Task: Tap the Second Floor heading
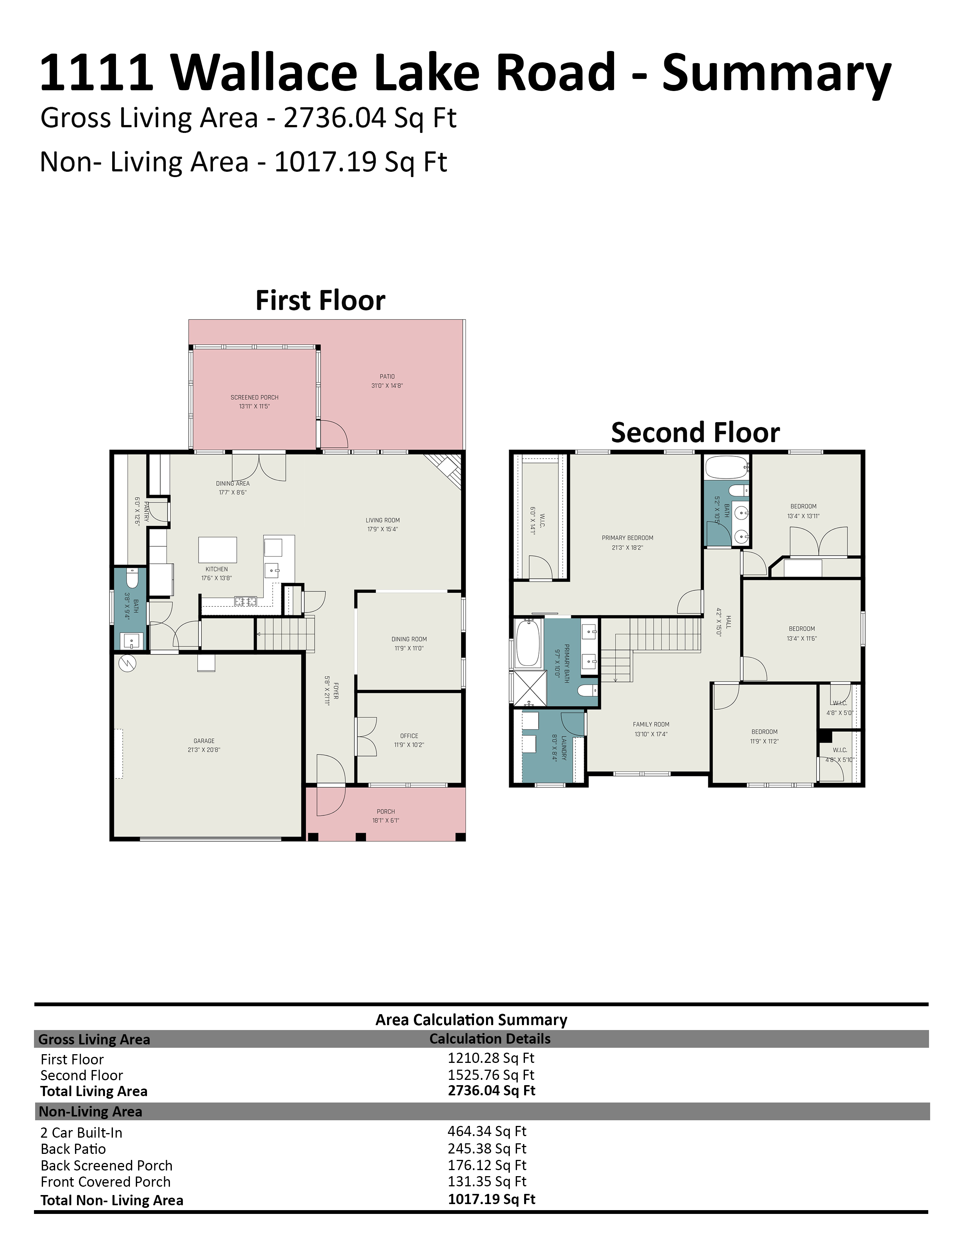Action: (x=695, y=432)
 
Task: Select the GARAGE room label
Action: (x=204, y=740)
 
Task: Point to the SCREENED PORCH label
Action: (x=255, y=397)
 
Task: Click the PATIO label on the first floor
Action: (x=387, y=376)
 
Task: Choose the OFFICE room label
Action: (x=409, y=736)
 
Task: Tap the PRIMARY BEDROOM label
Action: (x=628, y=537)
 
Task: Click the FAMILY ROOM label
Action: (x=651, y=724)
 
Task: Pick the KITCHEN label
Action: (x=217, y=569)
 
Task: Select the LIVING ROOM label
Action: (x=383, y=520)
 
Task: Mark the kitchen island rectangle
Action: (x=218, y=549)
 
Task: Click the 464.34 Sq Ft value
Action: (x=487, y=1131)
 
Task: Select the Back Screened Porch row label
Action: (x=106, y=1166)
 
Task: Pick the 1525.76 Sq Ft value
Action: (x=491, y=1075)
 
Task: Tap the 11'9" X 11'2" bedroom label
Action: (x=764, y=741)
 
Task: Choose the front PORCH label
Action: (x=386, y=811)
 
